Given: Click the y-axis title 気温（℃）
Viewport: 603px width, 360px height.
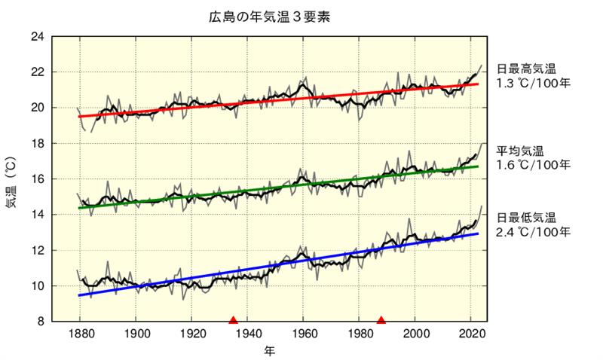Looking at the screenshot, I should pos(11,178).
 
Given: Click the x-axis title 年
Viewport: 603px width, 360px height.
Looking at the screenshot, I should pos(269,351).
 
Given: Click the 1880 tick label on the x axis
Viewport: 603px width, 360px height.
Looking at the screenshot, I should pos(80,334).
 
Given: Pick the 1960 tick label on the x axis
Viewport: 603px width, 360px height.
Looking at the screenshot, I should pos(303,334).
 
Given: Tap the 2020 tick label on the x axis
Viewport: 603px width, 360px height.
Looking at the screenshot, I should pos(471,334).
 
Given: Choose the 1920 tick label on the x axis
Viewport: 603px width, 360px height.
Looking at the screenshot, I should pos(191,334).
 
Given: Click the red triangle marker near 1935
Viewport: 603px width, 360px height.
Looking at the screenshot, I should pos(233,319).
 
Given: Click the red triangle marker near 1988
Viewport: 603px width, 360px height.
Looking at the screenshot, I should pos(381,319).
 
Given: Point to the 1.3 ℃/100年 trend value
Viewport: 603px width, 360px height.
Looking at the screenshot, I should pos(532,83).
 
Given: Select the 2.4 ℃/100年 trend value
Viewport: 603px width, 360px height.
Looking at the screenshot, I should pos(532,231).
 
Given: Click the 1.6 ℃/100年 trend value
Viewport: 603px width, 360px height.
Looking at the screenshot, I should pos(532,164).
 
